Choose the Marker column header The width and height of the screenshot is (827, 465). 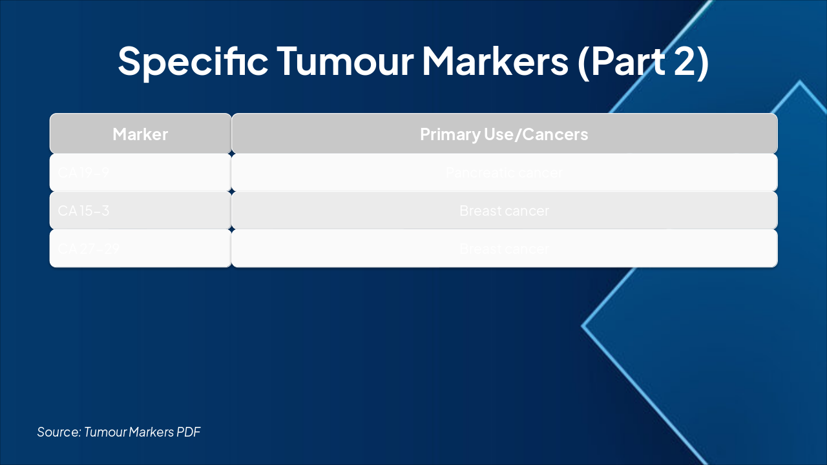[x=140, y=134]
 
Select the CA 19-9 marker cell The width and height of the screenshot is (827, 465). [x=83, y=173]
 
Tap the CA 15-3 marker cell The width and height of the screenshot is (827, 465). [x=83, y=211]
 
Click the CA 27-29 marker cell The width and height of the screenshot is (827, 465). [x=89, y=249]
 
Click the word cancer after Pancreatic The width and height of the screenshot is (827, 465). [x=543, y=173]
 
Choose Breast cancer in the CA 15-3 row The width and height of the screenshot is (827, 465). [x=504, y=211]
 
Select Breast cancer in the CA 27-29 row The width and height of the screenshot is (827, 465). [x=504, y=249]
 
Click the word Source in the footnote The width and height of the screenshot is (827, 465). [x=59, y=431]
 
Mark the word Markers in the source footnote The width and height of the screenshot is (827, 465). [x=152, y=431]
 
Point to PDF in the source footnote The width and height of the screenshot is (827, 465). [x=189, y=431]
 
